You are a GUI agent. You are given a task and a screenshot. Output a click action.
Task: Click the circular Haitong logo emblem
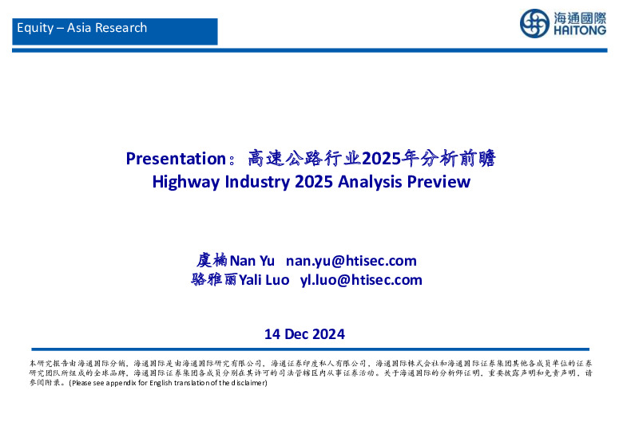point(534,23)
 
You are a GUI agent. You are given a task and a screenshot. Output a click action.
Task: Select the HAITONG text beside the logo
point(578,31)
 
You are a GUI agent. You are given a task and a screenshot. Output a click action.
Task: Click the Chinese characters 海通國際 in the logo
point(578,17)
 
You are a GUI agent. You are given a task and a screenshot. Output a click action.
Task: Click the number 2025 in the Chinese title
point(379,159)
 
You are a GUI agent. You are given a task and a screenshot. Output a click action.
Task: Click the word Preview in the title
point(438,182)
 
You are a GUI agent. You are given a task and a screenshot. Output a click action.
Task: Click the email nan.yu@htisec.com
point(351,261)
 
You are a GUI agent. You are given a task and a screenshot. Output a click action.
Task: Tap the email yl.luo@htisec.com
point(361,280)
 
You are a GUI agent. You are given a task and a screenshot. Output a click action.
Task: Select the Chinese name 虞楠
point(212,261)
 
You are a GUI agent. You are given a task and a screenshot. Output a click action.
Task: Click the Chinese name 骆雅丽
point(214,280)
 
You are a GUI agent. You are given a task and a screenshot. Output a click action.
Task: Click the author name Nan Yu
point(252,261)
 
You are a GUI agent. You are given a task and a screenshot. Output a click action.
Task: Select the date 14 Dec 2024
point(304,333)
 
